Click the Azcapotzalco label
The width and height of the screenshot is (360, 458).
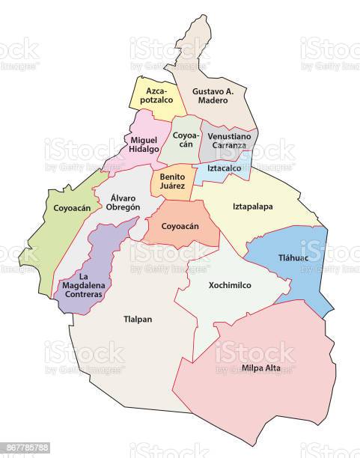tap(156, 94)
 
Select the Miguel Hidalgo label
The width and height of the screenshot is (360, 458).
tap(144, 144)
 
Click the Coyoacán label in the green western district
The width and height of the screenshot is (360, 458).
tap(73, 207)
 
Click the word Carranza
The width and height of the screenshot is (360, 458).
tap(228, 145)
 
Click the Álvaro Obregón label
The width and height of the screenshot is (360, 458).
tap(121, 201)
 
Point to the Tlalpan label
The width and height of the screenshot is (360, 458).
tap(137, 320)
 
